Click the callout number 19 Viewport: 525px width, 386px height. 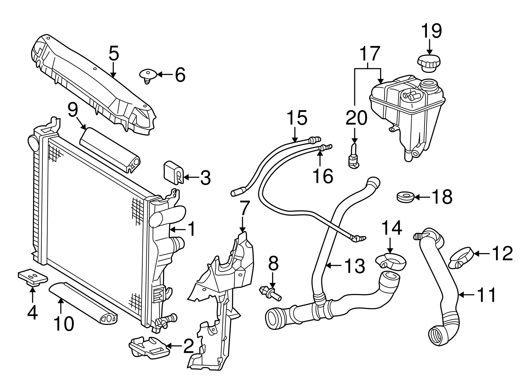pyautogui.click(x=431, y=31)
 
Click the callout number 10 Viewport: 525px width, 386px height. pyautogui.click(x=64, y=324)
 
